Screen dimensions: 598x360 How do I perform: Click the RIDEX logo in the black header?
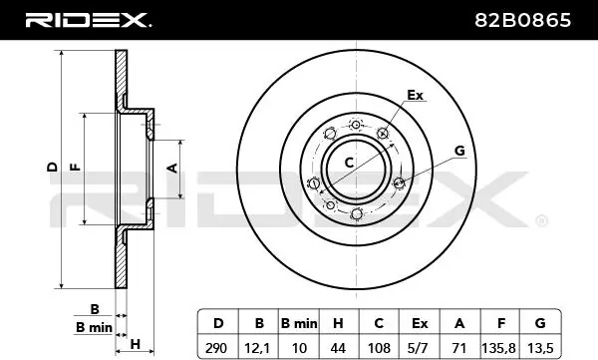tap(88, 20)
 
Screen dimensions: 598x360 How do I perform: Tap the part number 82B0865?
tap(523, 20)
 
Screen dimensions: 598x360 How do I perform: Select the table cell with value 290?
tap(216, 348)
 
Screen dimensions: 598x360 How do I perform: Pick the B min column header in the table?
tap(299, 324)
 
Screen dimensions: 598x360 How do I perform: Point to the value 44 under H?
tap(338, 348)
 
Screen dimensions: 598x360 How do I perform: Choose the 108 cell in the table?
tap(379, 348)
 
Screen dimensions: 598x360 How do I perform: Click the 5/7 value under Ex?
tap(419, 348)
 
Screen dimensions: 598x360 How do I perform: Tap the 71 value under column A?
tap(458, 348)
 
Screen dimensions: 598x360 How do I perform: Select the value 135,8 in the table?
tap(499, 348)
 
